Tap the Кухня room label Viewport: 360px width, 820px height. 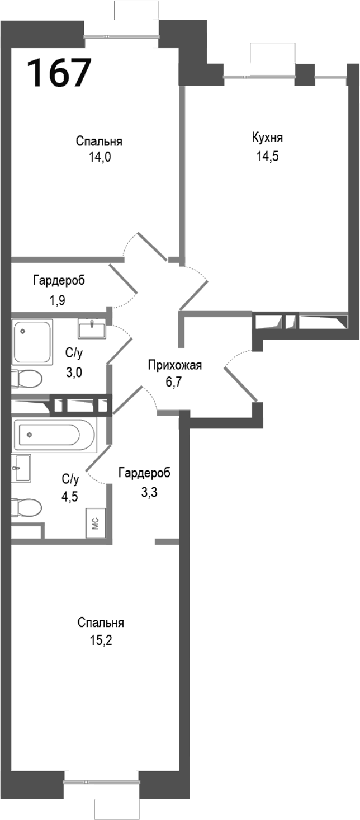267,138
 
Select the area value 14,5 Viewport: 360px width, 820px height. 267,156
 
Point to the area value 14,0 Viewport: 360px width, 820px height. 100,158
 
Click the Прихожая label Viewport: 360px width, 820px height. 174,366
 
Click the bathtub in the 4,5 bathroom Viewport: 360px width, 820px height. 55,433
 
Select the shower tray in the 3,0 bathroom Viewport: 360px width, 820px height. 32,341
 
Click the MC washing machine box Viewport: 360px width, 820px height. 95,524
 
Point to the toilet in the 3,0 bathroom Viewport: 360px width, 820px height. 27,379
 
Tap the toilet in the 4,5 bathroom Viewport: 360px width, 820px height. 27,508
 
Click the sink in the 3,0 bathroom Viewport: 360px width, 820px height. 91,328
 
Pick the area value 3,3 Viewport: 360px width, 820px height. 145,494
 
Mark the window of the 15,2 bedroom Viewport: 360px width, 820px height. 101,781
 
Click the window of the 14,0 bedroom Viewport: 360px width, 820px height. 122,36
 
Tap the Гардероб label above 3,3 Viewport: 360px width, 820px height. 145,474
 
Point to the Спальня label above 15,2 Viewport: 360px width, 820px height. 101,623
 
